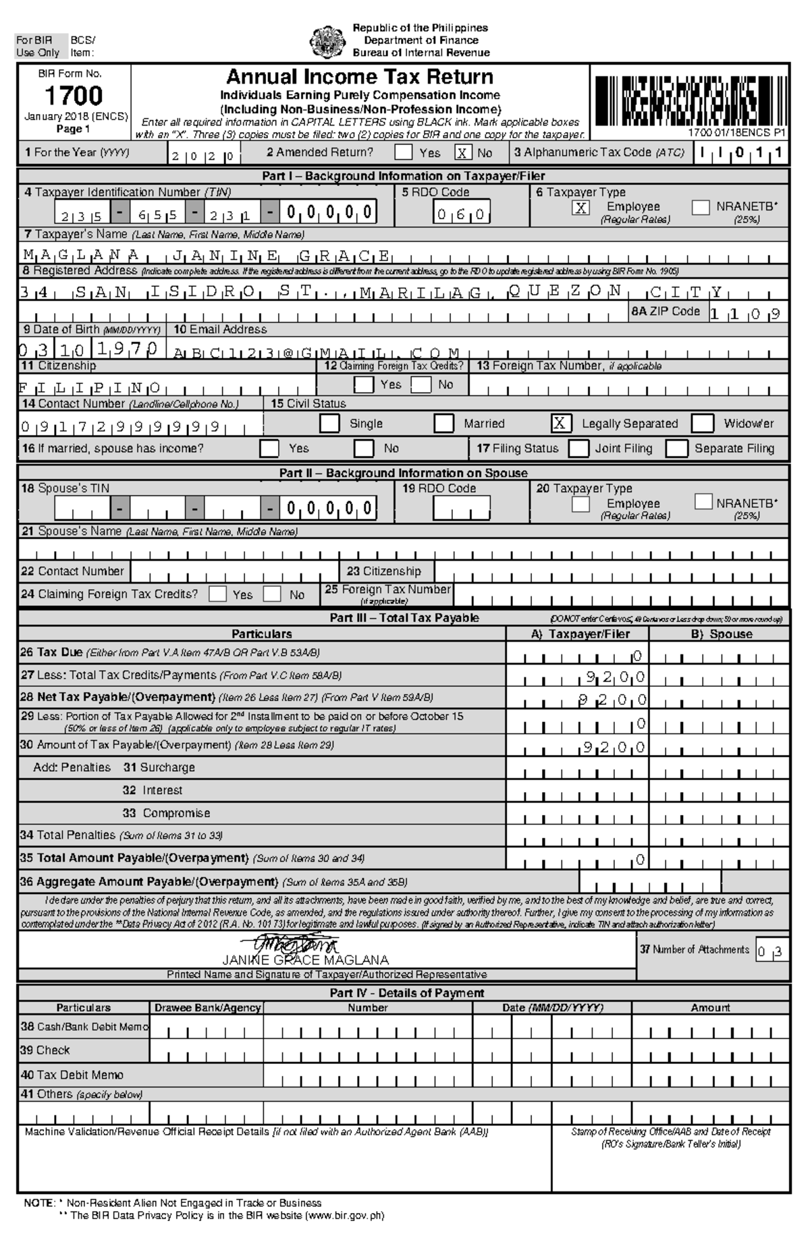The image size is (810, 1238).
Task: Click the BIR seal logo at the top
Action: tap(327, 41)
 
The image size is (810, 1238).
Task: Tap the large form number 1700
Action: tap(74, 96)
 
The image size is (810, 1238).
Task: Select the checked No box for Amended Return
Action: tap(463, 153)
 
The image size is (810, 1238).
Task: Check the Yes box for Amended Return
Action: tap(404, 152)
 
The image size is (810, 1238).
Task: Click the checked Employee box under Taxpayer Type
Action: tap(580, 208)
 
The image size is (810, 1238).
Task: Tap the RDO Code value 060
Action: tap(462, 215)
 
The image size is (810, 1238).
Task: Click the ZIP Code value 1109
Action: tap(746, 314)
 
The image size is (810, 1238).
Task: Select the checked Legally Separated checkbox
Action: tap(560, 424)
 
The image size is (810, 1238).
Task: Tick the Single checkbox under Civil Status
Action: tap(329, 424)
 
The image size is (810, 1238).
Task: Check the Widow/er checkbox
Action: tap(703, 424)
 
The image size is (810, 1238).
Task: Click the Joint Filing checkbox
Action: tap(578, 449)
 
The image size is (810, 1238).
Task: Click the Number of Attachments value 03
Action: tap(771, 953)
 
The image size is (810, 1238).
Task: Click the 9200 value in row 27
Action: tap(615, 677)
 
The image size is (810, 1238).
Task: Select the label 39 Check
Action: tap(45, 1050)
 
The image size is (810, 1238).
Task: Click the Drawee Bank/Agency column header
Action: tap(207, 1008)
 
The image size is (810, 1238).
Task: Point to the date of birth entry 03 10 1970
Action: tap(90, 349)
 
